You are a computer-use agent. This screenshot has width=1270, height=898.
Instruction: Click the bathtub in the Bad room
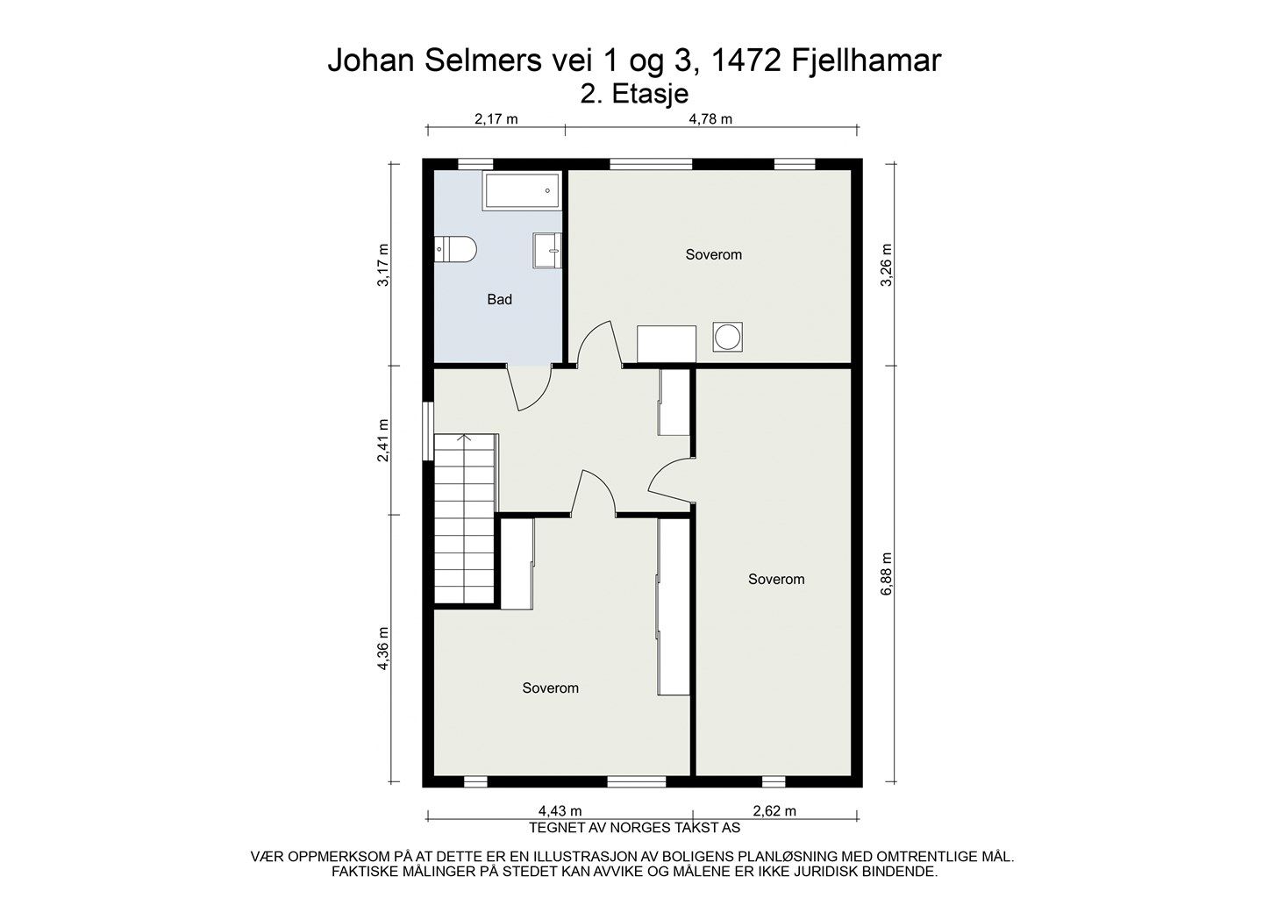[x=522, y=190]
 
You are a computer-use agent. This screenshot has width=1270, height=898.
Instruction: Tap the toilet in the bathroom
[x=455, y=249]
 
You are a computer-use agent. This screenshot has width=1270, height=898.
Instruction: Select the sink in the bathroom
[x=547, y=250]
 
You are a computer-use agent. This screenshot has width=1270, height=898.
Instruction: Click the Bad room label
[x=500, y=299]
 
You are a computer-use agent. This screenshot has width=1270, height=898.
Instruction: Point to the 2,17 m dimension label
[x=496, y=119]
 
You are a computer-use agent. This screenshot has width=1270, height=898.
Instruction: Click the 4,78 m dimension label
[x=710, y=119]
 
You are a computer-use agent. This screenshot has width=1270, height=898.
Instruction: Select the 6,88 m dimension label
[x=887, y=574]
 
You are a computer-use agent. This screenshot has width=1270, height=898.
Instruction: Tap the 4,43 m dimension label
[x=560, y=811]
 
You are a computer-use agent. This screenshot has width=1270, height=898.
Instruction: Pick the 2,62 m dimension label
[x=774, y=811]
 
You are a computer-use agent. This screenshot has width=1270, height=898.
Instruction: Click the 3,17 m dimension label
[x=383, y=265]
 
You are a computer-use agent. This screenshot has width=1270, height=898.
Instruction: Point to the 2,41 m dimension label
[x=383, y=440]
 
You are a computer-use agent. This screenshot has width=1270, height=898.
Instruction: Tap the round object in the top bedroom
[x=727, y=338]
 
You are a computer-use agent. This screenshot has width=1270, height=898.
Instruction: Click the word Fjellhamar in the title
[x=866, y=61]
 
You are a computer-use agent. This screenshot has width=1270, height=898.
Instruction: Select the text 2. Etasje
[x=634, y=94]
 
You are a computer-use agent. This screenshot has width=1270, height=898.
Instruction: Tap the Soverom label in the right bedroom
[x=776, y=579]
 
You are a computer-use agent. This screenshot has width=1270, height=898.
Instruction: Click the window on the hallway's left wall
[x=428, y=431]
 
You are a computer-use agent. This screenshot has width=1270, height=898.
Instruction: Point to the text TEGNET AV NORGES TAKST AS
[x=634, y=828]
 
